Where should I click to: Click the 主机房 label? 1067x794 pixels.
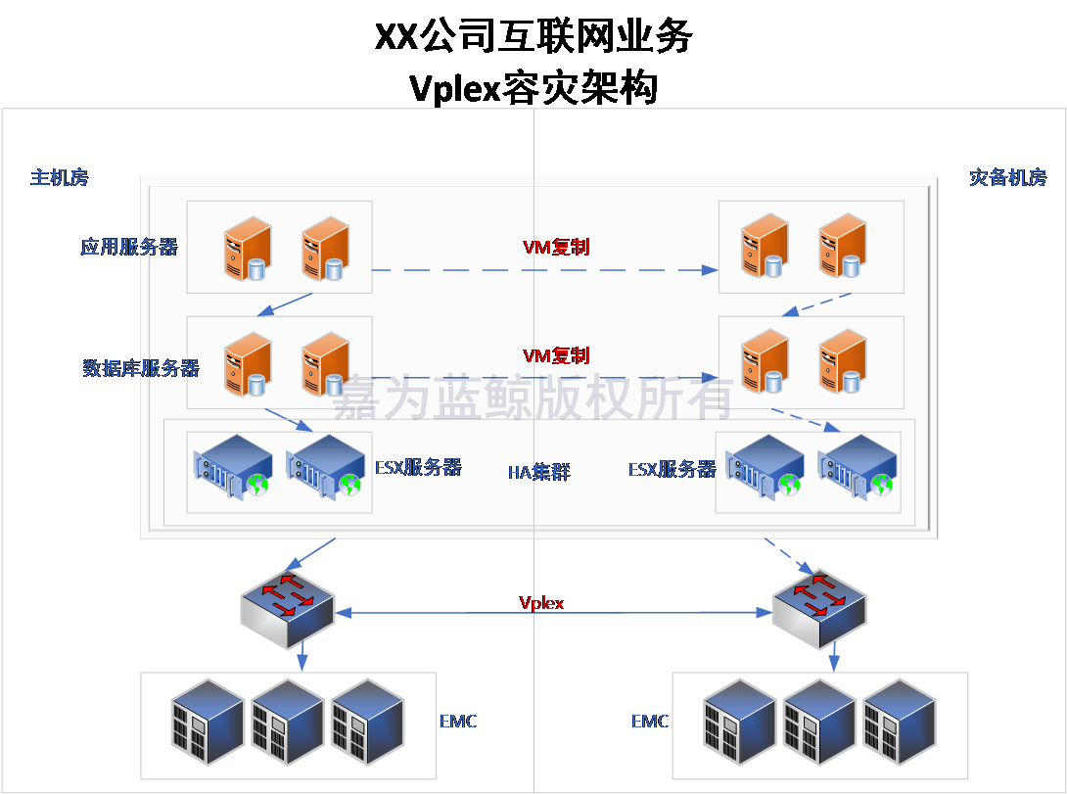coord(60,177)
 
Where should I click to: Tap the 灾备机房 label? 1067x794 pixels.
coord(1007,177)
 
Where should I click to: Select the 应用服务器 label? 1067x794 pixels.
coord(129,247)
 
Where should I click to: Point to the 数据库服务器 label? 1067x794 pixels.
coord(141,368)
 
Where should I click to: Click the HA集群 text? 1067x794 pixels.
coord(538,472)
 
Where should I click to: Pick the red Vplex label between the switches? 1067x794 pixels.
coord(541,602)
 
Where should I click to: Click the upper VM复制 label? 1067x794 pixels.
coord(556,247)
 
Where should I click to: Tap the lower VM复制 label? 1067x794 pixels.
coord(556,355)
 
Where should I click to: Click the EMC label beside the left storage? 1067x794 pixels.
coord(458,722)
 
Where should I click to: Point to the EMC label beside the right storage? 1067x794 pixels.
coord(650,722)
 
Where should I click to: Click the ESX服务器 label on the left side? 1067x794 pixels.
coord(418,467)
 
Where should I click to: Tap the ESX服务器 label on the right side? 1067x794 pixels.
coord(672,469)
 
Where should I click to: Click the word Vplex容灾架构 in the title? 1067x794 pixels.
coord(533,88)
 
